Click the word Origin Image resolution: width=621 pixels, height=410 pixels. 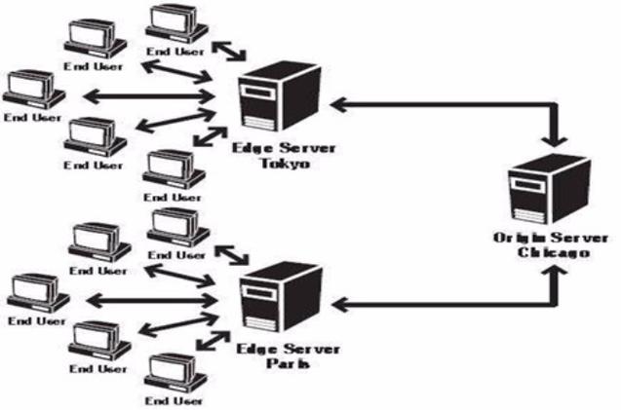pos(517,239)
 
